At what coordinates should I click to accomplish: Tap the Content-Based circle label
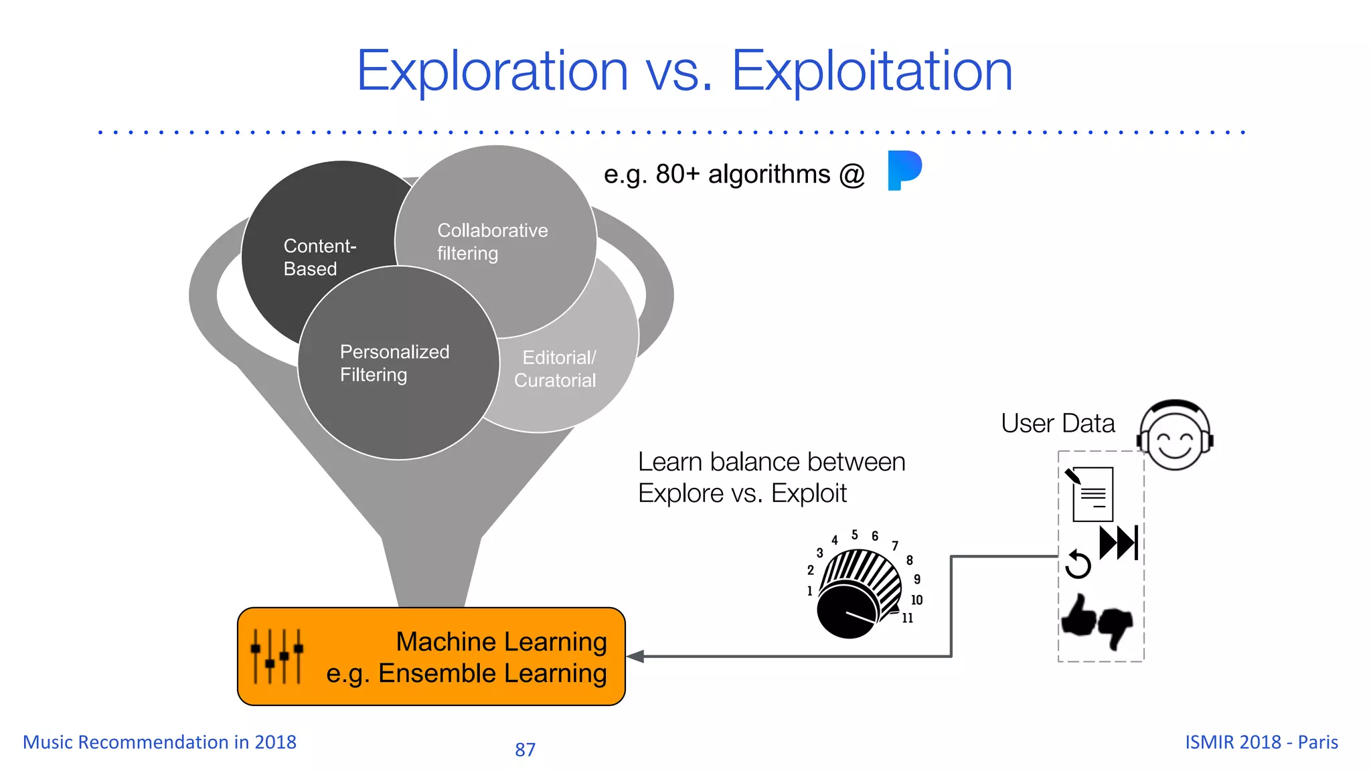(x=319, y=257)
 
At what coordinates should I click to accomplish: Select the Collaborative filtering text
(x=492, y=242)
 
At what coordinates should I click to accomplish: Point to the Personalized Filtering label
(x=394, y=363)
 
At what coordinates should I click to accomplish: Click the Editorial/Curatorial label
(x=555, y=369)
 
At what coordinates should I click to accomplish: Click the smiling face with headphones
(x=1175, y=436)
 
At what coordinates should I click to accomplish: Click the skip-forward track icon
(x=1119, y=542)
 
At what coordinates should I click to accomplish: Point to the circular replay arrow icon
(x=1078, y=564)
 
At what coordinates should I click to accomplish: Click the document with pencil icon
(x=1091, y=494)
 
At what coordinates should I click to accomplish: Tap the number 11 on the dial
(x=907, y=618)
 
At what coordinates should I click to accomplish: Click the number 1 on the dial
(x=809, y=591)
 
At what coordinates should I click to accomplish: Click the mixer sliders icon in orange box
(x=276, y=656)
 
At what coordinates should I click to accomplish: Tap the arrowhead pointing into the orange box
(x=635, y=657)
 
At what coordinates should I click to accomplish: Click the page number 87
(x=525, y=750)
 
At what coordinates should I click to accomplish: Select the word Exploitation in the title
(x=872, y=71)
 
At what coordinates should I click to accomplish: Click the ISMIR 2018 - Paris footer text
(x=1261, y=742)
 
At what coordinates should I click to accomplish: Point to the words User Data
(x=1058, y=424)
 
